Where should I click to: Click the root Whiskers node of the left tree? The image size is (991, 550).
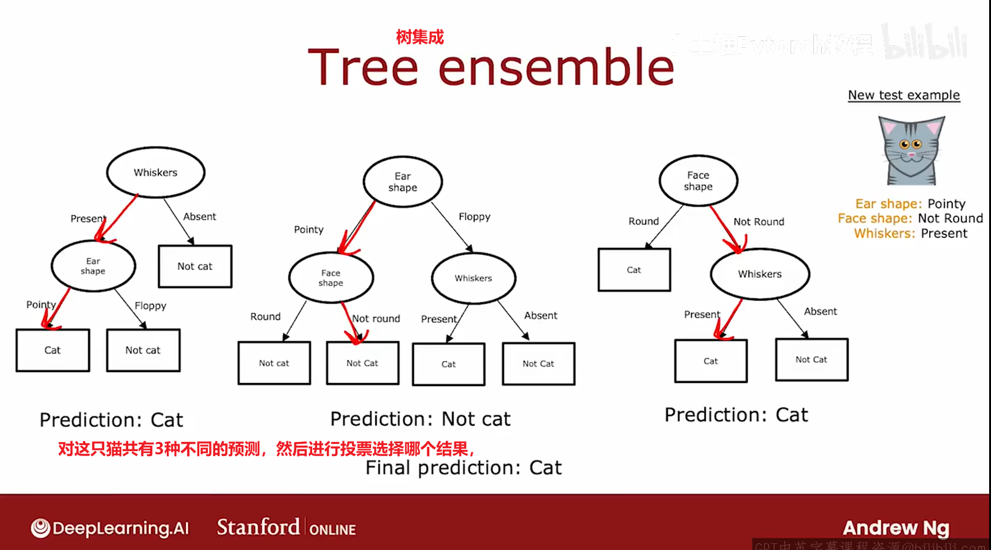pos(156,172)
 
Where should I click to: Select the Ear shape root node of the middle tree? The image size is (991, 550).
pos(402,182)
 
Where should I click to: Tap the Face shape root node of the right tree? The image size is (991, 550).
pos(698,180)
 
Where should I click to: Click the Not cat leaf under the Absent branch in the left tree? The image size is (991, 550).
pos(195,266)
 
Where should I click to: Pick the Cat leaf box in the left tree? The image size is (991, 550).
pos(53,350)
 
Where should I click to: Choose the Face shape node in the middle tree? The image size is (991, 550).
pos(331,278)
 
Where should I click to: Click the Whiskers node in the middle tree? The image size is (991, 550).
pos(473,278)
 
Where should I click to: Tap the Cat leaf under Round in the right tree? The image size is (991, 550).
pos(634,269)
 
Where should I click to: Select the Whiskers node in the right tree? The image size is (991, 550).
pos(760,274)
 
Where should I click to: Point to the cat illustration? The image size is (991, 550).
pos(911,151)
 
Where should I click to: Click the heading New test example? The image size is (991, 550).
pos(904,95)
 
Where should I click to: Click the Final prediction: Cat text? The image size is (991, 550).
pos(464,468)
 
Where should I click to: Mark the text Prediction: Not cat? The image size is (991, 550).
pos(420,419)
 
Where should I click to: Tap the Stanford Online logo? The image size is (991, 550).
pos(286,527)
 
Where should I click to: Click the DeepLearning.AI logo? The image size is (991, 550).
pos(110,528)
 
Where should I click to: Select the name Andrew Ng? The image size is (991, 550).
pos(896,527)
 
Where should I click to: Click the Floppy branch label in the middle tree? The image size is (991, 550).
pos(475,217)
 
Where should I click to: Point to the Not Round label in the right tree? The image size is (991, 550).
pos(759,222)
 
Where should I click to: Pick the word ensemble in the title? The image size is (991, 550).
pos(556,67)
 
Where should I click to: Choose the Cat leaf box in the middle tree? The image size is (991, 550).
pos(449,364)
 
